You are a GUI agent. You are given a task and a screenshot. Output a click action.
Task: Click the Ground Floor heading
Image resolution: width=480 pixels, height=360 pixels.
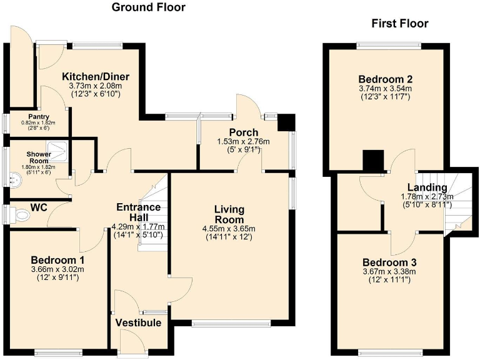click(148, 7)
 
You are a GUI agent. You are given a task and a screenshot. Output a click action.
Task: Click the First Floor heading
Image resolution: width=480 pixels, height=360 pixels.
click(399, 24)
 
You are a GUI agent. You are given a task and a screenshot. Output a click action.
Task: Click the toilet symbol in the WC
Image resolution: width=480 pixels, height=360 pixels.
click(21, 216)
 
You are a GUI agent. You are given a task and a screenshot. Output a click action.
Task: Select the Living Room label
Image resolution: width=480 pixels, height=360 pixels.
click(229, 214)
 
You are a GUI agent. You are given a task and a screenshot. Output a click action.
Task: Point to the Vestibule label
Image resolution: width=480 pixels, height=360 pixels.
click(138, 322)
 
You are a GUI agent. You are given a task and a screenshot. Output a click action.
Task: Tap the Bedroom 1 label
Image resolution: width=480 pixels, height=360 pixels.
click(57, 260)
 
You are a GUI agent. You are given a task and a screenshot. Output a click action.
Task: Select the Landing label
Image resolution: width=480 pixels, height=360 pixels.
click(426, 187)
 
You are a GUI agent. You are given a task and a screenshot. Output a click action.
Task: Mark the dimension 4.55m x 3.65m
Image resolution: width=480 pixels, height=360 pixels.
click(229, 228)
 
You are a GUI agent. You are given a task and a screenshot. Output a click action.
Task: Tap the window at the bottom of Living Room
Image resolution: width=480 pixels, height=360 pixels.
click(231, 323)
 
